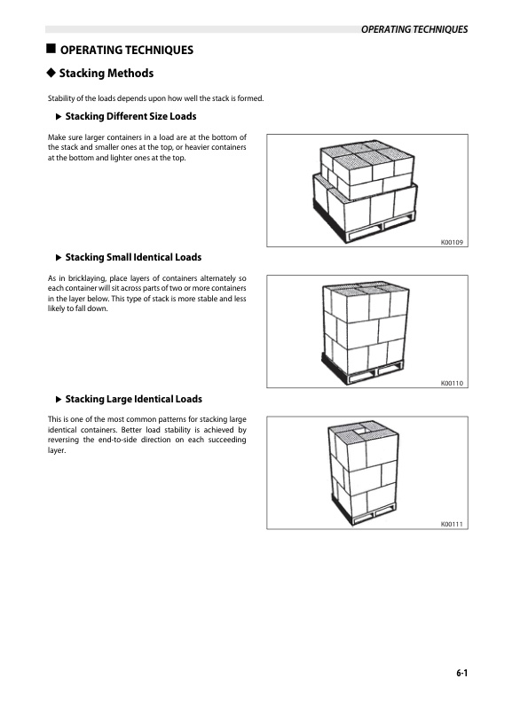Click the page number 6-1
(461, 673)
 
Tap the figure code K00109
(452, 242)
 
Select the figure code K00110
(452, 383)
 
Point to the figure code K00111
(452, 524)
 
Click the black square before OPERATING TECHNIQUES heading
(51, 49)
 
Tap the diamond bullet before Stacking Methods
(51, 73)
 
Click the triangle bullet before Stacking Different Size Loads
(59, 117)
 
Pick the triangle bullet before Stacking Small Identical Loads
(59, 257)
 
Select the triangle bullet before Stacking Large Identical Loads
(59, 399)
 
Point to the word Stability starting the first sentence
(61, 98)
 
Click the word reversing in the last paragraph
(63, 441)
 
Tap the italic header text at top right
(414, 29)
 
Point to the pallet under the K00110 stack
(362, 370)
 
